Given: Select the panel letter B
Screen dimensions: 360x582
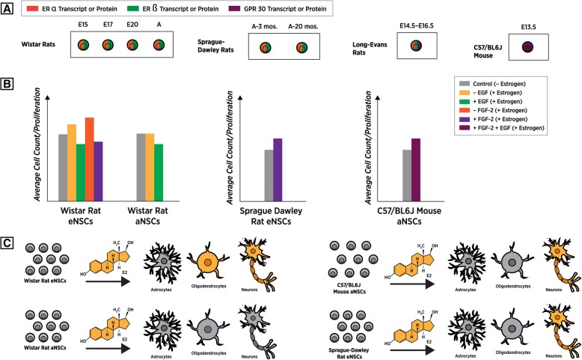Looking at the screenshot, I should tap(8, 77).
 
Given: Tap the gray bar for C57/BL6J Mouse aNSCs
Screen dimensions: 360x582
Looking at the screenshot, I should tap(407, 175).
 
